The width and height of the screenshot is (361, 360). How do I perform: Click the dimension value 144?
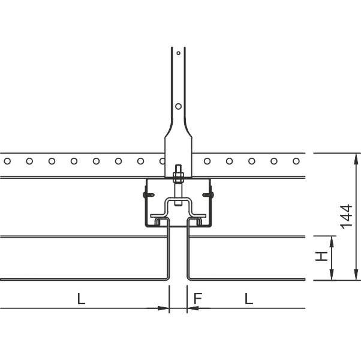(347, 217)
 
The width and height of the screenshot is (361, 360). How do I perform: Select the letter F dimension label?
(198, 298)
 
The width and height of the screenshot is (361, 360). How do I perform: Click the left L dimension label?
(81, 299)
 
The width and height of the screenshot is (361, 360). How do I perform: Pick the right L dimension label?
(249, 299)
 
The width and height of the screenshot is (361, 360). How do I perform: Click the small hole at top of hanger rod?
(179, 53)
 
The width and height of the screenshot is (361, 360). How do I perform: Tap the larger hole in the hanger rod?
(179, 106)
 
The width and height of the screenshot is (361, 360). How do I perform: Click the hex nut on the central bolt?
(178, 178)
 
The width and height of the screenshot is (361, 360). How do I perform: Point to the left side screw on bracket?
(149, 195)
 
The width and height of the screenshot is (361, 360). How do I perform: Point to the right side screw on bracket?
(208, 195)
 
